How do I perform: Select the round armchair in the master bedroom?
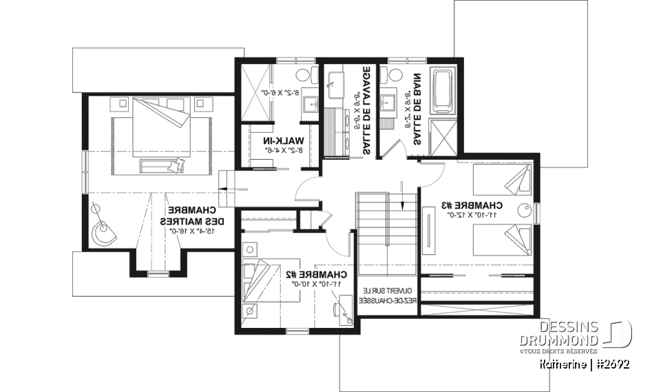pos(105,232)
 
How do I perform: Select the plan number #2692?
pos(610,363)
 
